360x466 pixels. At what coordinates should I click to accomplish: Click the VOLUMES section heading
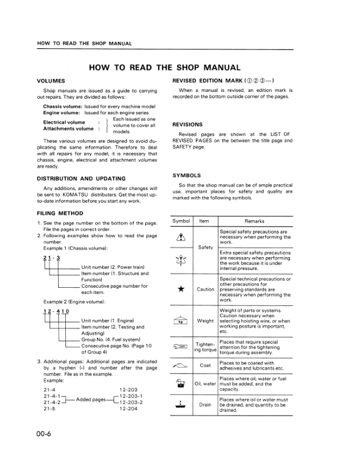click(51, 81)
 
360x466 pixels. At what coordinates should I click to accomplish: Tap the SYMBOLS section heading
click(187, 175)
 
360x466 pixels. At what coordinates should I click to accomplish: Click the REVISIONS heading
click(188, 125)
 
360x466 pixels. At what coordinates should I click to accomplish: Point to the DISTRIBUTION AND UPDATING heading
click(81, 178)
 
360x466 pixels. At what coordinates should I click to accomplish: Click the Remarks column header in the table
click(254, 221)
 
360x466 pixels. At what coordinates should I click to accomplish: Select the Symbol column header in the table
click(181, 221)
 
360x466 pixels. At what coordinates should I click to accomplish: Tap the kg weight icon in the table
click(181, 321)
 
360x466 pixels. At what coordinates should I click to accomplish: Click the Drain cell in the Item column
click(205, 405)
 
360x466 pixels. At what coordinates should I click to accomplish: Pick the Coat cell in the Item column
click(205, 365)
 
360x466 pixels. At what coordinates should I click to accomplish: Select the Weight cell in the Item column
click(205, 321)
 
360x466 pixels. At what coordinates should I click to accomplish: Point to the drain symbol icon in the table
click(181, 405)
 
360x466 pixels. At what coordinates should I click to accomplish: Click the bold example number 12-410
click(56, 311)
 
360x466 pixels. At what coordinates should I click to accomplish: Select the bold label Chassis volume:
click(63, 106)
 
